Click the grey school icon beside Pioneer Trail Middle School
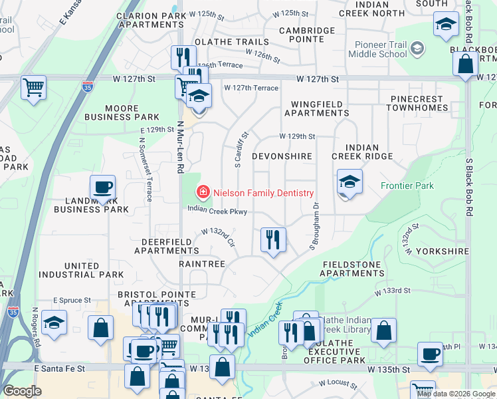[x=417, y=48]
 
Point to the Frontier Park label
[x=407, y=186]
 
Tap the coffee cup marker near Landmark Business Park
[x=102, y=188]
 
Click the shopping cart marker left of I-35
[x=33, y=87]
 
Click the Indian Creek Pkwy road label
[x=217, y=211]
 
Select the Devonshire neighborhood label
[x=282, y=156]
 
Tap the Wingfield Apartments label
[x=316, y=108]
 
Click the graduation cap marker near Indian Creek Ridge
[x=349, y=182]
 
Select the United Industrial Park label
[x=81, y=269]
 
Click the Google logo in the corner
[x=22, y=391]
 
